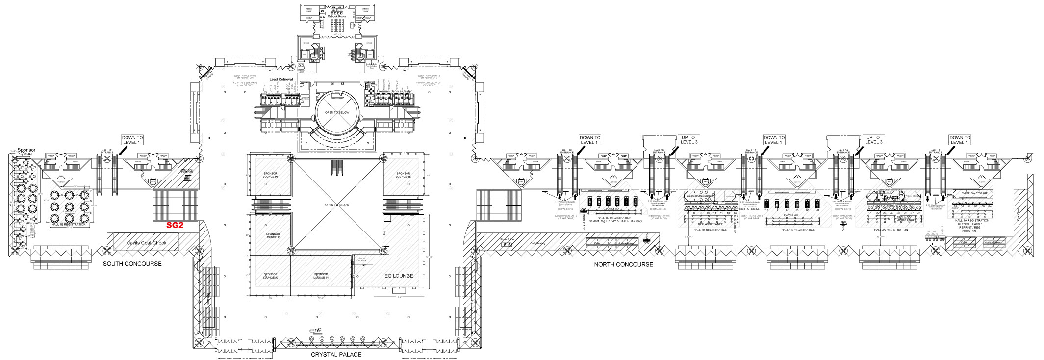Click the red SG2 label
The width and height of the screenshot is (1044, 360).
point(175,225)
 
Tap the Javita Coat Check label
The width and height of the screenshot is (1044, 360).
point(147,243)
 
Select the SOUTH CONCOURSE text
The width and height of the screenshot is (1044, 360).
point(132,264)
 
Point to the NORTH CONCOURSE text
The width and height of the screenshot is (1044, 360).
point(623,264)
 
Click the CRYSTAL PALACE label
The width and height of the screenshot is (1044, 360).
point(336,354)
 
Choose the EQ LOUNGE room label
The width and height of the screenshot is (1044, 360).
point(398,276)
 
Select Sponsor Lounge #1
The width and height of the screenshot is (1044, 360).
point(270,175)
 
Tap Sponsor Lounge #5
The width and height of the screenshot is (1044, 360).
point(403,175)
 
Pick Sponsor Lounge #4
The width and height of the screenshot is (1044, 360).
point(321,276)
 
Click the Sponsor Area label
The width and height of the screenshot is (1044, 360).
point(26,152)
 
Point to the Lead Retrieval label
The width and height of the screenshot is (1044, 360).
point(281,79)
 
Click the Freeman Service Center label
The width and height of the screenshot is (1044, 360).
point(394,91)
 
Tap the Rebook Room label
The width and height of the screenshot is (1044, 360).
point(336,16)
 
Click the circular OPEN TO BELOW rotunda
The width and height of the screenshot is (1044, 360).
point(337,112)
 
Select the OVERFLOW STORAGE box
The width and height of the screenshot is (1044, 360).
point(974,193)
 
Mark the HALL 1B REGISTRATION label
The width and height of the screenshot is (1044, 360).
point(798,230)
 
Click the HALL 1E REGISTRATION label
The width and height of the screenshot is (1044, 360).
point(69,224)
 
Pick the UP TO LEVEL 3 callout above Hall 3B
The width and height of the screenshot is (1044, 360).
point(689,140)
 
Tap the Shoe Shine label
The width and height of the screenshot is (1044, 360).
point(507,240)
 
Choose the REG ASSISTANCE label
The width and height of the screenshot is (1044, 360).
point(710,224)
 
